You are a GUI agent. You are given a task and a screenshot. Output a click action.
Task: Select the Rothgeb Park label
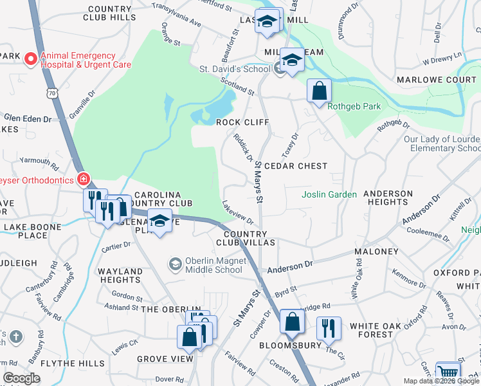(x=354, y=107)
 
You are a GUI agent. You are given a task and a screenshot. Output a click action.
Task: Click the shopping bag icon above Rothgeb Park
(x=319, y=91)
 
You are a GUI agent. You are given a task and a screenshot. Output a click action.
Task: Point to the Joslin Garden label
(x=329, y=194)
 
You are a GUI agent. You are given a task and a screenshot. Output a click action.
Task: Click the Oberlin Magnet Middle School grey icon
(x=175, y=264)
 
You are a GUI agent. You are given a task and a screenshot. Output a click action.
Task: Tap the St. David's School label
(x=242, y=69)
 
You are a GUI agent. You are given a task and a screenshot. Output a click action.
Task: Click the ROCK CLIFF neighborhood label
(x=242, y=122)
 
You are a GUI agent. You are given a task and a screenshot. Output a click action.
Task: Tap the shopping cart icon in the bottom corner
(x=448, y=373)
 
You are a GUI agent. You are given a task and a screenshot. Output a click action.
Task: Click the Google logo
(x=22, y=378)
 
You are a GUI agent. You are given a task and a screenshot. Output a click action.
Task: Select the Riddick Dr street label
(x=243, y=147)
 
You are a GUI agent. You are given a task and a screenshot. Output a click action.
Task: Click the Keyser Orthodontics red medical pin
(x=82, y=178)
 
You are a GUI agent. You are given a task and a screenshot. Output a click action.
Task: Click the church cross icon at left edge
(x=15, y=336)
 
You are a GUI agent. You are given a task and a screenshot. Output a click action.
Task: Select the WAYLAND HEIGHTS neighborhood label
(x=121, y=276)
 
